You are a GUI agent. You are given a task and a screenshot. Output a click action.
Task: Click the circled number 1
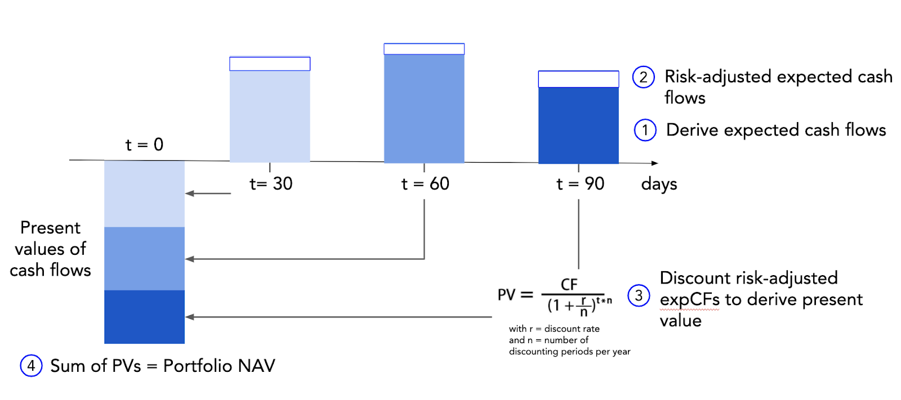point(645,130)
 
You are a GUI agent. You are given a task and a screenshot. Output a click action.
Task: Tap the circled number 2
point(643,77)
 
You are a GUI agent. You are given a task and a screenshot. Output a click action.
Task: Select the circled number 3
point(639,295)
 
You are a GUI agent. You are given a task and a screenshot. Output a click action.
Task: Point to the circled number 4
point(31,366)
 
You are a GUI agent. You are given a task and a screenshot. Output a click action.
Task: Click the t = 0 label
point(144,145)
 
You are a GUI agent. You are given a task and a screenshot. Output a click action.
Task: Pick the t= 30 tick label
point(271,183)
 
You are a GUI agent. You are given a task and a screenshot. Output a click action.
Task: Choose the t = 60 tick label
point(425,183)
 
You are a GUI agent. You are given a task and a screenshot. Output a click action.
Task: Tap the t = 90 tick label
point(580,183)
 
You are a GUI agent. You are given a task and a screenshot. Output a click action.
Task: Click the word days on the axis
point(659,184)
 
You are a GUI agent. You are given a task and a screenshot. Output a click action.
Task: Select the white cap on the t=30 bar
point(270,64)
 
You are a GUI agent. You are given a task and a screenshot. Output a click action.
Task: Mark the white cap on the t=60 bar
point(424,49)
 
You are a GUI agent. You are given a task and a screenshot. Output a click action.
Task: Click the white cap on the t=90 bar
point(578,79)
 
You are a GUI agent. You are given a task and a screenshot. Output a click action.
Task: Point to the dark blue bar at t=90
point(578,125)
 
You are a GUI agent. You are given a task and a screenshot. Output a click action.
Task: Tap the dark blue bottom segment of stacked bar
point(144,317)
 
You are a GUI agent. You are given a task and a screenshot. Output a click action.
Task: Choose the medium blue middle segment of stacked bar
point(144,258)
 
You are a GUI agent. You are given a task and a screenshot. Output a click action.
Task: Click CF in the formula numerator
point(569,285)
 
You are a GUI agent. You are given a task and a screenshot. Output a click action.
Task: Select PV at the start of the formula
point(507,295)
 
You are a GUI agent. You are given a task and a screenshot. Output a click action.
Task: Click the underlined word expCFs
point(689,299)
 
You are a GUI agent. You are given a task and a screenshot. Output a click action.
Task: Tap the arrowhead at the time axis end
point(654,163)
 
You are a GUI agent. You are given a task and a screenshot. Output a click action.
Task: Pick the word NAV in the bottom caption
point(256,366)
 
